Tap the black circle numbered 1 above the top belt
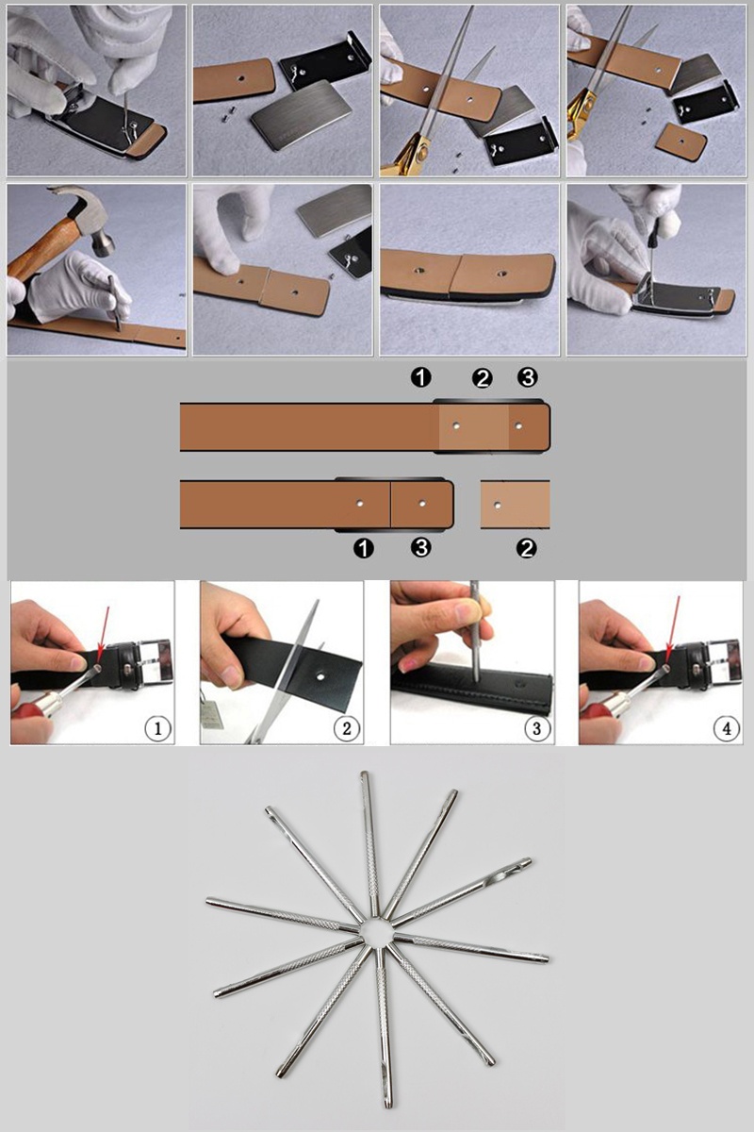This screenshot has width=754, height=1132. [x=420, y=377]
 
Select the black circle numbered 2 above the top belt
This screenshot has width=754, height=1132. [x=483, y=378]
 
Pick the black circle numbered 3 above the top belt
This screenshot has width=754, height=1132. [x=528, y=377]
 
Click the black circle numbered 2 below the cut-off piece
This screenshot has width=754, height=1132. [x=526, y=548]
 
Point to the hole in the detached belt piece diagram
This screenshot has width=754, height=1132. [x=498, y=505]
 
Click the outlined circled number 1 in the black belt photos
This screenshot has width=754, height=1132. [x=157, y=728]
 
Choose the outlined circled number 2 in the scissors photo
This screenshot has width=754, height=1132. [x=347, y=728]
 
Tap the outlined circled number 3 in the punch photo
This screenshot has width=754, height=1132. [x=537, y=728]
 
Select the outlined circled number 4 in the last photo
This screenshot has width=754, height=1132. [x=727, y=728]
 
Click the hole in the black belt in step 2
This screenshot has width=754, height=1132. [x=320, y=674]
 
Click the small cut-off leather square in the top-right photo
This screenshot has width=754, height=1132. [x=681, y=142]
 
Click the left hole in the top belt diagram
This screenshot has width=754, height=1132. [x=456, y=426]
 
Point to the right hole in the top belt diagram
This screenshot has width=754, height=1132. [x=518, y=426]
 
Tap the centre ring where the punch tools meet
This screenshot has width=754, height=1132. [x=376, y=931]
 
